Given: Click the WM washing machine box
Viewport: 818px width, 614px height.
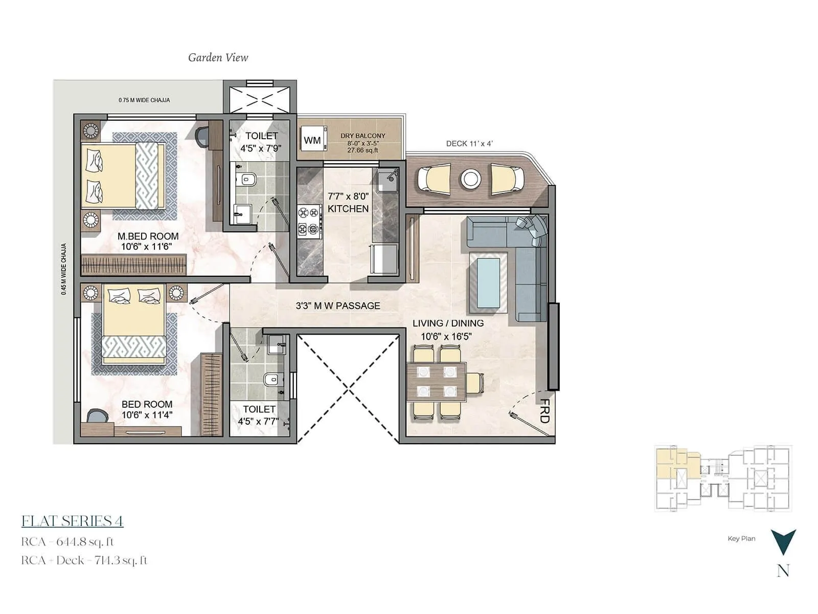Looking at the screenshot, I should [x=312, y=140].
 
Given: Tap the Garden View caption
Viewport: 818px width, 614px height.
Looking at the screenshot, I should [x=218, y=58].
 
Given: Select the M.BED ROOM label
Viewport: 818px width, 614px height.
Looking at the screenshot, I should [x=148, y=236].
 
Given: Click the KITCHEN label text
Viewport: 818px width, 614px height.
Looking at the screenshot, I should [x=348, y=209].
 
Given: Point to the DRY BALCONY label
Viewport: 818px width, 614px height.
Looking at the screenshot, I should [x=363, y=136].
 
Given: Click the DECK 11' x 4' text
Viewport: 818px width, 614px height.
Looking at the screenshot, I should [x=469, y=144].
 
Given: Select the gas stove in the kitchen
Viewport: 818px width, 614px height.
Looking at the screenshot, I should [x=309, y=221].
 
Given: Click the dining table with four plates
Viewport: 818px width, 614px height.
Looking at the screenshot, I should [x=436, y=382].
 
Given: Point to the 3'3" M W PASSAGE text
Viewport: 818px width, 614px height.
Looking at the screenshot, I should [x=338, y=306].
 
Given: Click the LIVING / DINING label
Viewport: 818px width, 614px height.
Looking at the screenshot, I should [x=448, y=323].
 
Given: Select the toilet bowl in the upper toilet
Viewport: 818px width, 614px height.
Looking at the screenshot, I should [x=247, y=180].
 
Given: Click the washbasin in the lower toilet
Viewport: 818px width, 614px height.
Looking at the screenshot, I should [x=277, y=343].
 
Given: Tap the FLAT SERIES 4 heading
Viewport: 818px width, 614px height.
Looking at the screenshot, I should [x=72, y=521].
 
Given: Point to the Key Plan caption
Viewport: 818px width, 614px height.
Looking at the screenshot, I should [x=741, y=538].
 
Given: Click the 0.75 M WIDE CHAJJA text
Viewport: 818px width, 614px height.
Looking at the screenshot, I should [x=144, y=100].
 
